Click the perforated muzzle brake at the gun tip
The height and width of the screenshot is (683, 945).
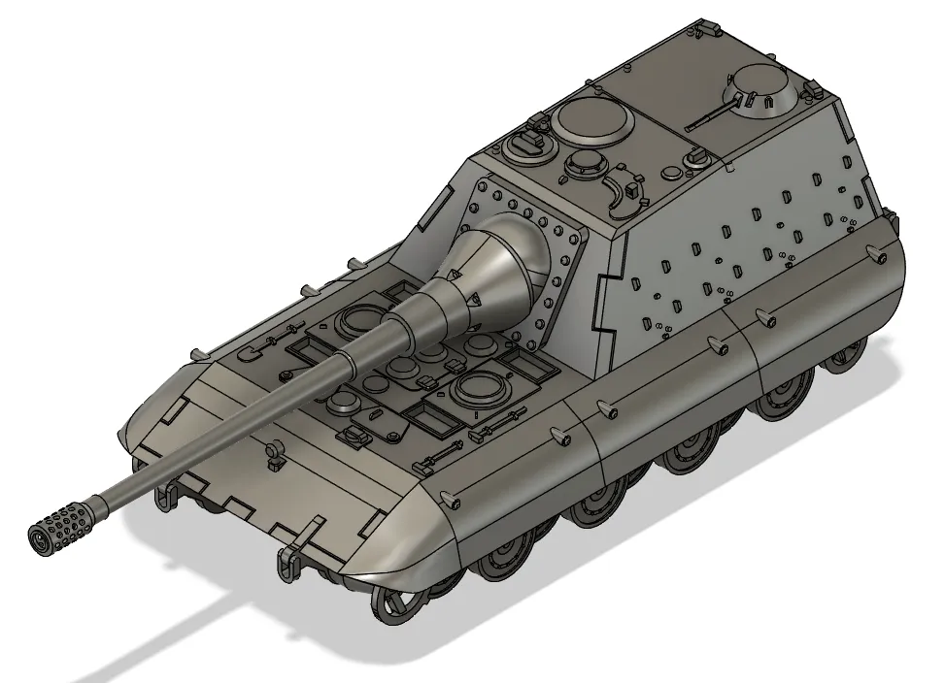[x=61, y=523]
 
